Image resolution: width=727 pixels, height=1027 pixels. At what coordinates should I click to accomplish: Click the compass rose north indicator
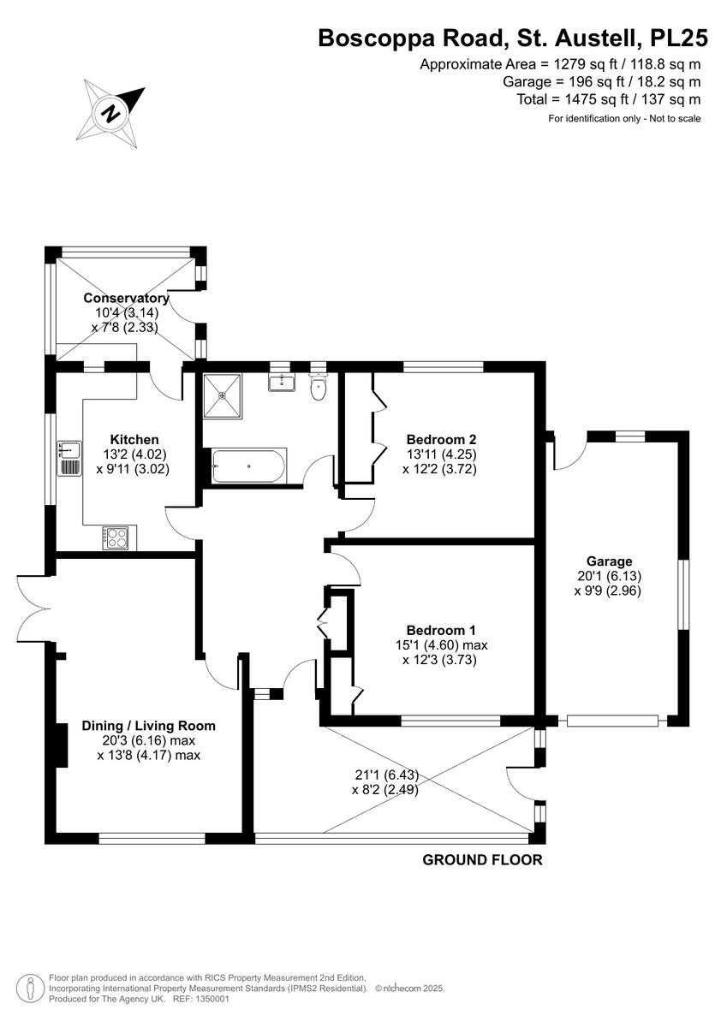[x=110, y=110]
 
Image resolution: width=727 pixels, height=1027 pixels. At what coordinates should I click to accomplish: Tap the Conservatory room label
[x=126, y=298]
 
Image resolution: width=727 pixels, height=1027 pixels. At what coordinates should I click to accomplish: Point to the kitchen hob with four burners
[x=114, y=537]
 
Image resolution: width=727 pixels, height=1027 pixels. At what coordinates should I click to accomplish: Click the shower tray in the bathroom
[x=223, y=395]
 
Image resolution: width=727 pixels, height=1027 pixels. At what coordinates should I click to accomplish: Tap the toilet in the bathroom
[x=319, y=388]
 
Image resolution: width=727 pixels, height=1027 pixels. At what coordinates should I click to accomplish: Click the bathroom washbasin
[x=280, y=383]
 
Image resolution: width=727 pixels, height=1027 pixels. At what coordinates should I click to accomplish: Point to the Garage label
[x=609, y=561]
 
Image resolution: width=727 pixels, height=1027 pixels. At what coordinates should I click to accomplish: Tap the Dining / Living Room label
[x=148, y=726]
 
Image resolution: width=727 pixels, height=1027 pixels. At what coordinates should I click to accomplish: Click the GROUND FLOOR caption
[x=482, y=860]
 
